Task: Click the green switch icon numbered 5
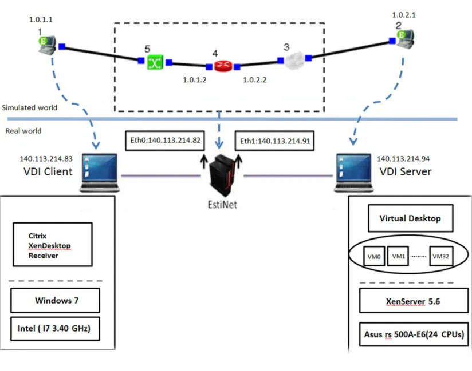click(x=155, y=62)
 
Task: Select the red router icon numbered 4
click(x=223, y=66)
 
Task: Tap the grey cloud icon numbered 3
click(x=294, y=60)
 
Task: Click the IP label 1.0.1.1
click(x=41, y=19)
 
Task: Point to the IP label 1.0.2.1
click(x=404, y=15)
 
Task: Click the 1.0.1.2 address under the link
click(x=195, y=80)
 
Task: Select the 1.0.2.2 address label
click(x=255, y=80)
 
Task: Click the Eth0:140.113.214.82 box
click(x=165, y=141)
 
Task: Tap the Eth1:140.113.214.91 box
click(x=274, y=141)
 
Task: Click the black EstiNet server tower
click(x=222, y=175)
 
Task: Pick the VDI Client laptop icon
click(x=100, y=173)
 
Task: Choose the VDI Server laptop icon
click(x=354, y=173)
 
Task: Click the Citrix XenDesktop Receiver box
click(x=53, y=245)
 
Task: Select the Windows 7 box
click(x=55, y=301)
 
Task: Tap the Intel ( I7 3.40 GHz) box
click(x=55, y=329)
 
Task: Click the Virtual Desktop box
click(x=411, y=218)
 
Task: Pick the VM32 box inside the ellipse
click(x=441, y=256)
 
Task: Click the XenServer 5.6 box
click(x=414, y=301)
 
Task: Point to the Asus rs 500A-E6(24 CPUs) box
click(x=414, y=334)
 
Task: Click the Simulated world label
click(x=30, y=107)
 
